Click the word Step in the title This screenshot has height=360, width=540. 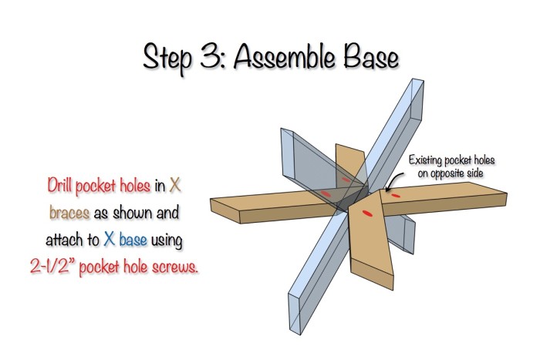[167, 58]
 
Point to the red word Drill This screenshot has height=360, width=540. [59, 185]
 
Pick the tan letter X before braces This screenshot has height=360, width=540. [175, 185]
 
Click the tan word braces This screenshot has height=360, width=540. [69, 212]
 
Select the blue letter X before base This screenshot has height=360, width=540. [110, 238]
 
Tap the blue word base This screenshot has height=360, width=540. [133, 239]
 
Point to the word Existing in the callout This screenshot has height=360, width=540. [425, 160]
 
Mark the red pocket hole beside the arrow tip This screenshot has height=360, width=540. [396, 196]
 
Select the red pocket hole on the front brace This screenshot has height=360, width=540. [368, 214]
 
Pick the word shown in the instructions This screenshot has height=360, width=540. [133, 213]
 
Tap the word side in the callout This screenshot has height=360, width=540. [476, 173]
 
